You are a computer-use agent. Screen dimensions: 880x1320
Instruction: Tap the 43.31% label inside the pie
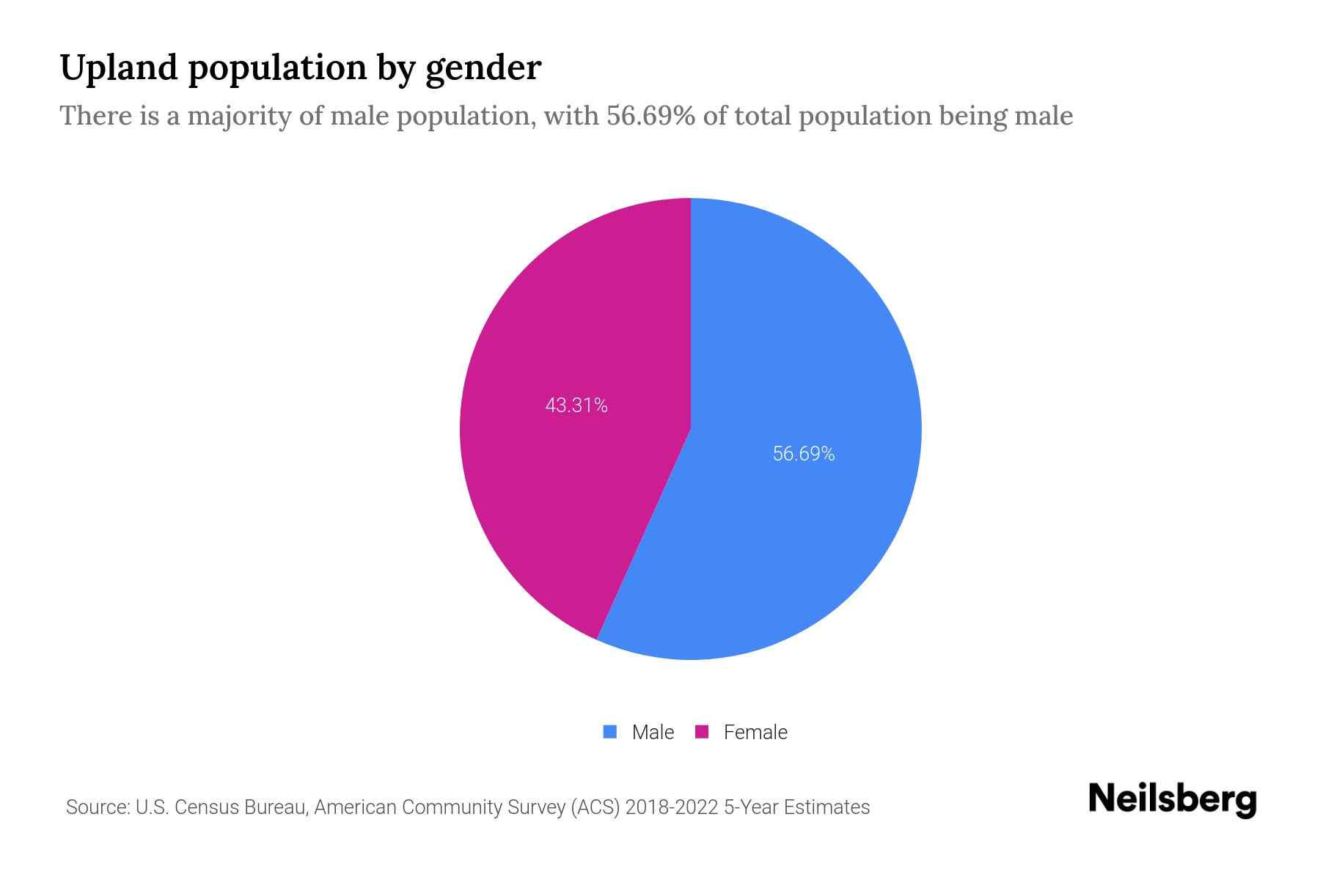click(576, 406)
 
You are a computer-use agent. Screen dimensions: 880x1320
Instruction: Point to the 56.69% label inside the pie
click(804, 454)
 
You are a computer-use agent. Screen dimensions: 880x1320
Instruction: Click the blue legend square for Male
click(610, 732)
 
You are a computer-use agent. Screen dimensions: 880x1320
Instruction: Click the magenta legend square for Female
click(702, 732)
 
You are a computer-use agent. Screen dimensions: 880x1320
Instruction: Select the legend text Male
click(653, 733)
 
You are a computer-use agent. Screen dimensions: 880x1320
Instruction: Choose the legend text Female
click(755, 733)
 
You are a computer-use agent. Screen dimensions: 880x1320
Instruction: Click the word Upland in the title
click(120, 68)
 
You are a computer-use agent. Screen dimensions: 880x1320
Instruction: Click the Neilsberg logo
click(1172, 799)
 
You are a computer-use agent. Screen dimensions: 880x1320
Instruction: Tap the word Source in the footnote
click(98, 807)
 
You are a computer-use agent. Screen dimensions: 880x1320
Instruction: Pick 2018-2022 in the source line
click(672, 807)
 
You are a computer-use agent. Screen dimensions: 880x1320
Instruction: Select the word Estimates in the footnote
click(826, 807)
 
